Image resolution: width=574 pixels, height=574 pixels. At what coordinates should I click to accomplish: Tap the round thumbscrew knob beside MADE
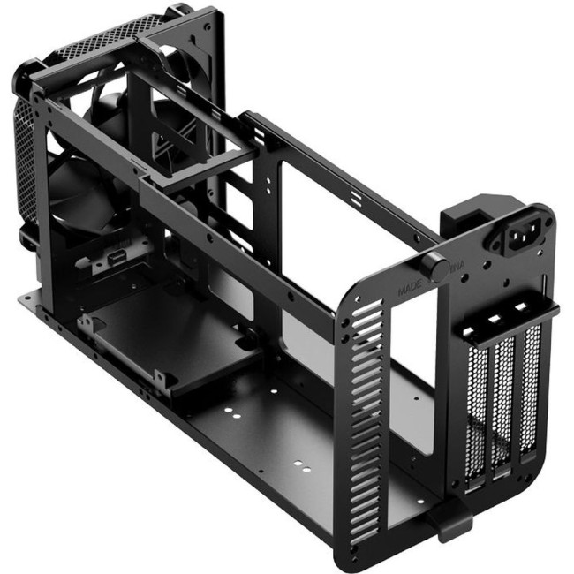(x=434, y=266)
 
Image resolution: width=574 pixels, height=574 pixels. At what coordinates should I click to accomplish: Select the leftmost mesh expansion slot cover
(x=478, y=407)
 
